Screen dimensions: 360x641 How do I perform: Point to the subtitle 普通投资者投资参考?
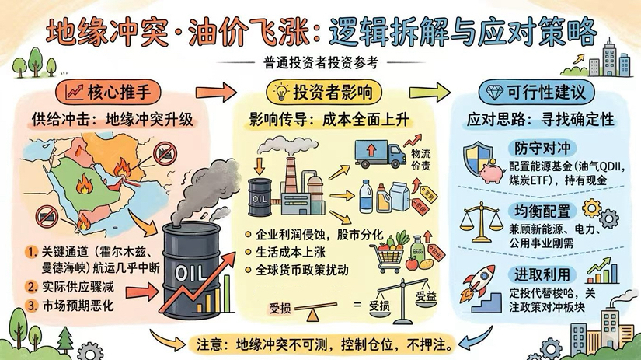[320, 62]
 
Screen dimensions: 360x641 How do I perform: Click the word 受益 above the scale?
[427, 295]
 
